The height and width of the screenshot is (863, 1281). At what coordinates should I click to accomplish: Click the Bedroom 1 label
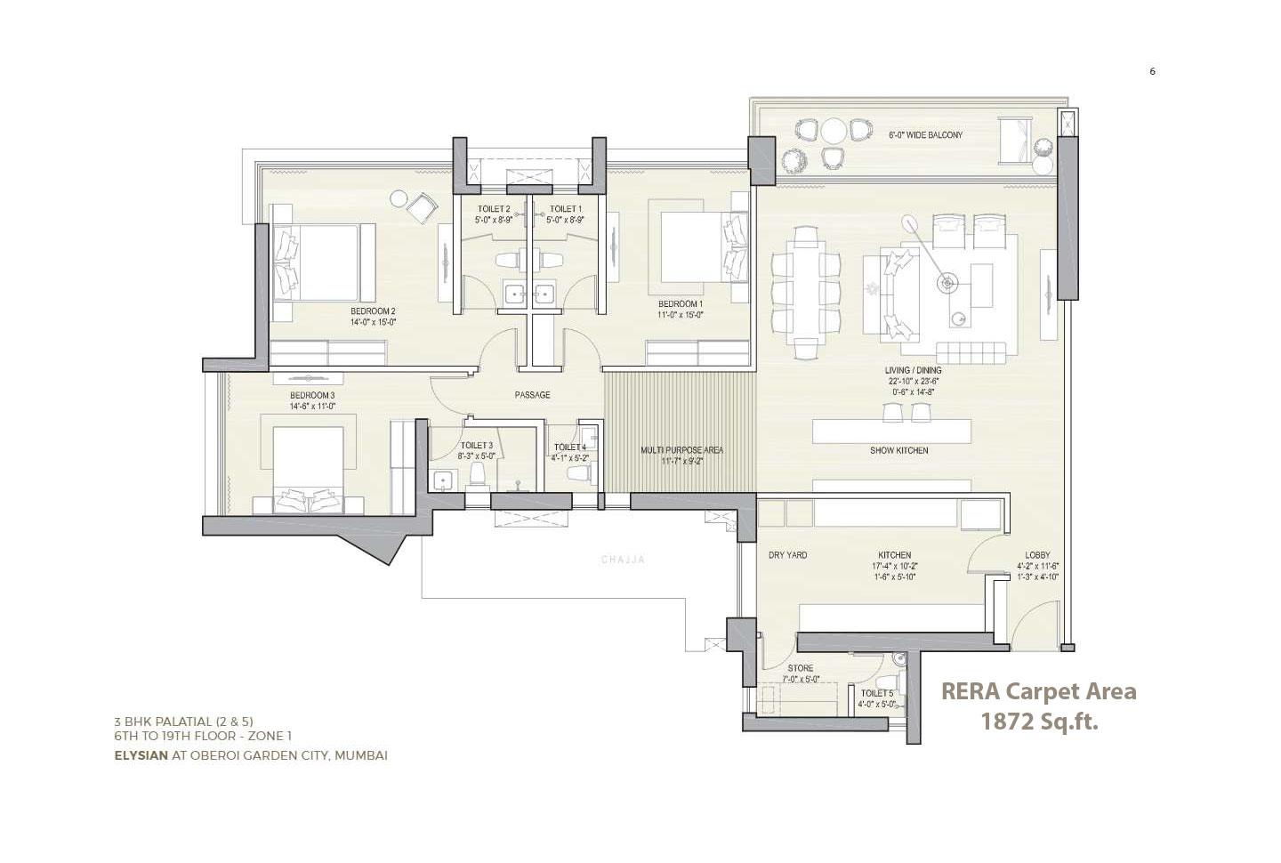pyautogui.click(x=680, y=303)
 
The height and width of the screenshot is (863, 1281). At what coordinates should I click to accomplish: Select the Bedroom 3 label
pyautogui.click(x=311, y=395)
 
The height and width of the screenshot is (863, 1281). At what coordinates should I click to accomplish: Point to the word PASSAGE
pyautogui.click(x=532, y=395)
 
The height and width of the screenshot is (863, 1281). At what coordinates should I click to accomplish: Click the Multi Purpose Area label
pyautogui.click(x=681, y=450)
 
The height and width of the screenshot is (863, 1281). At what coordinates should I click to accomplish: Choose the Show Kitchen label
pyautogui.click(x=898, y=451)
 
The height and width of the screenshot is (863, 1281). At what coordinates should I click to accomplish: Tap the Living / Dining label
pyautogui.click(x=913, y=370)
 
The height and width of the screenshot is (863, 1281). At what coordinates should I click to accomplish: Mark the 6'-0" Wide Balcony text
pyautogui.click(x=925, y=135)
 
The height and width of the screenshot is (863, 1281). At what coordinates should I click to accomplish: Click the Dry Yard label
pyautogui.click(x=787, y=555)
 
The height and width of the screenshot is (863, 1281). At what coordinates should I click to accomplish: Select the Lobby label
pyautogui.click(x=1037, y=555)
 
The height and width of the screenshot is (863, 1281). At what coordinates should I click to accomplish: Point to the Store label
pyautogui.click(x=800, y=668)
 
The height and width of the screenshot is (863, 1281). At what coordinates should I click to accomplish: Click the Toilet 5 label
pyautogui.click(x=876, y=693)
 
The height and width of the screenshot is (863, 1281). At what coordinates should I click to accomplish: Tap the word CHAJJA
pyautogui.click(x=623, y=560)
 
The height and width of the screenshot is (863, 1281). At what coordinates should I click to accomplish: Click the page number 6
pyautogui.click(x=1152, y=72)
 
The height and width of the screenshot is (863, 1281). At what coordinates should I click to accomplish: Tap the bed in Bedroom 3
pyautogui.click(x=307, y=470)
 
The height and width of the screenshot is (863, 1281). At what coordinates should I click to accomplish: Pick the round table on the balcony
pyautogui.click(x=833, y=131)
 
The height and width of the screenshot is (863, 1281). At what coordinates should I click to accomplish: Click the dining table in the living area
pyautogui.click(x=805, y=292)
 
